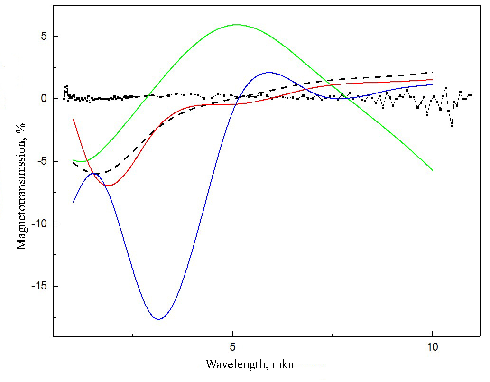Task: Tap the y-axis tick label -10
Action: click(37, 224)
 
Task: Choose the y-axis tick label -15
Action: click(37, 286)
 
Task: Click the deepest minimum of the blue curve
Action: click(159, 319)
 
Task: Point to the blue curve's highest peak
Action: click(269, 72)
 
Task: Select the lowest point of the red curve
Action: click(110, 185)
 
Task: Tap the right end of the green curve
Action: click(432, 170)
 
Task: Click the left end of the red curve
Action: click(73, 119)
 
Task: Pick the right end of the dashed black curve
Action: click(432, 73)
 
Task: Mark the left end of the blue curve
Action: click(73, 202)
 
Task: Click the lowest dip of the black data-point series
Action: click(452, 126)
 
